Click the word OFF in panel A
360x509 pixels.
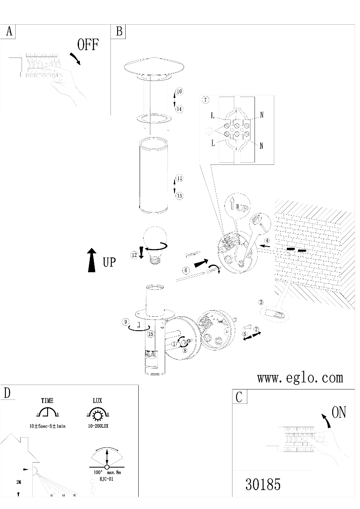tap(88, 45)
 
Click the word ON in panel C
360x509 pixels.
tap(339, 412)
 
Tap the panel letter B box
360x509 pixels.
tap(119, 31)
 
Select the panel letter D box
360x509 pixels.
tap(7, 392)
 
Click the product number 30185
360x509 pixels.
tap(263, 485)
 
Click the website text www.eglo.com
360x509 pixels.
tap(300, 378)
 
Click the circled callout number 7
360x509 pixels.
tap(206, 99)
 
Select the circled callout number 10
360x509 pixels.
tap(179, 92)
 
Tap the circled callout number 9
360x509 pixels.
tap(127, 322)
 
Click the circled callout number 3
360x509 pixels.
tap(261, 302)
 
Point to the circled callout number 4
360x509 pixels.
tap(267, 241)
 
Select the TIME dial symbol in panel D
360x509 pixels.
tap(47, 413)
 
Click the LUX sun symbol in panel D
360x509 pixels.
tap(97, 413)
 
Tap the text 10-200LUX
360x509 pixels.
tap(97, 426)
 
